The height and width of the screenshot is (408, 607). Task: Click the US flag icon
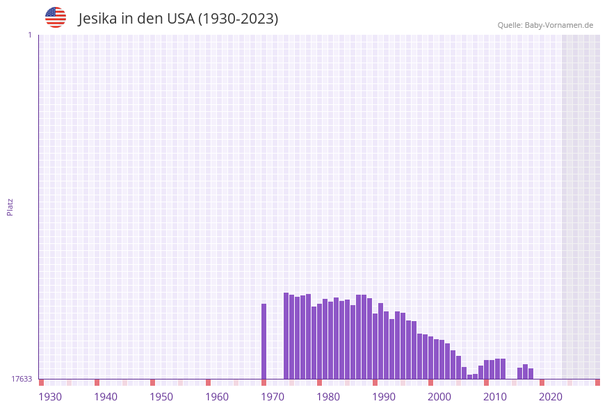click(56, 17)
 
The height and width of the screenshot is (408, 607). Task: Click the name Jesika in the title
click(97, 19)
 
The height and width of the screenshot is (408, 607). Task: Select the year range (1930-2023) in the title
click(238, 19)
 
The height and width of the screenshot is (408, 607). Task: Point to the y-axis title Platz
click(10, 207)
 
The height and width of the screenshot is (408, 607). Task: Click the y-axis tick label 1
click(29, 35)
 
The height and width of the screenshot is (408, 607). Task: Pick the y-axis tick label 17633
click(22, 379)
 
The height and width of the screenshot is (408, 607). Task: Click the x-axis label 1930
click(50, 397)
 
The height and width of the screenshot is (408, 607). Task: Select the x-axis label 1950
click(161, 397)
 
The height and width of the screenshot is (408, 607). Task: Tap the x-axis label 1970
click(273, 397)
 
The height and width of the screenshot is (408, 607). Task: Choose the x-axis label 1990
click(384, 397)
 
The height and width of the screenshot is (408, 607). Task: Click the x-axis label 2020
click(551, 397)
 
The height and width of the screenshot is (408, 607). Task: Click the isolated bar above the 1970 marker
click(264, 341)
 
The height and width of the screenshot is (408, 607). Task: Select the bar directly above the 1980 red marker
click(320, 341)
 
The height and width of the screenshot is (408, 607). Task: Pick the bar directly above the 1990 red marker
click(375, 345)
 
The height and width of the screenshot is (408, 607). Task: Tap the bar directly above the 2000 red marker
click(431, 357)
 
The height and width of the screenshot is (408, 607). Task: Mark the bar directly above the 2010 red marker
click(487, 369)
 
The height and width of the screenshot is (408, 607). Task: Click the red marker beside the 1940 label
click(97, 382)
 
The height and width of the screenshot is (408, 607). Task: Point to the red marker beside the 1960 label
click(209, 382)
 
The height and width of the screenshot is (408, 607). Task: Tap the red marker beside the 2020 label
click(542, 382)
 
